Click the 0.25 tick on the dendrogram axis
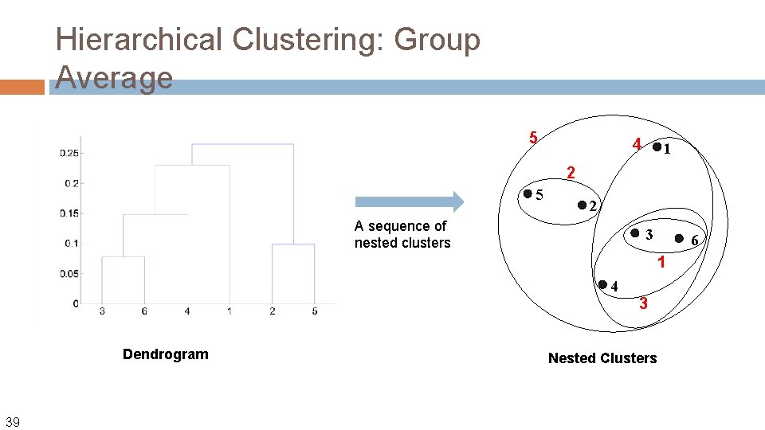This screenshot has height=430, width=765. (69, 153)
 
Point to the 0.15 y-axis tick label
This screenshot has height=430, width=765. (69, 213)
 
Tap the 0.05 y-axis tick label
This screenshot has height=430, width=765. (69, 274)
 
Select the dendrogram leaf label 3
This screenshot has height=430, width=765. (102, 311)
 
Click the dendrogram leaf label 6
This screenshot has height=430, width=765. (144, 311)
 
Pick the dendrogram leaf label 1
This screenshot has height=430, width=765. (229, 311)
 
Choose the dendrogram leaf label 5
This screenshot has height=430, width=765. (315, 311)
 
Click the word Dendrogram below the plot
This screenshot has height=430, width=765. (165, 354)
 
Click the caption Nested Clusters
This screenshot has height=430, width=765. (602, 358)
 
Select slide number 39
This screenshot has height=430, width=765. (14, 421)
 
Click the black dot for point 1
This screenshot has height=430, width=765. (657, 147)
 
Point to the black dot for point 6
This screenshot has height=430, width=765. (680, 237)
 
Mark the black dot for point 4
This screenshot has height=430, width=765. (603, 283)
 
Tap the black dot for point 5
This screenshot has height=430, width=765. (527, 193)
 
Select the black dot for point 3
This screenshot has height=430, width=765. (635, 233)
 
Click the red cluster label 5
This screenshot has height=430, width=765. (534, 138)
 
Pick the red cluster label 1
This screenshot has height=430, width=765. (661, 262)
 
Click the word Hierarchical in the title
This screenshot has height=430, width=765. (139, 39)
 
